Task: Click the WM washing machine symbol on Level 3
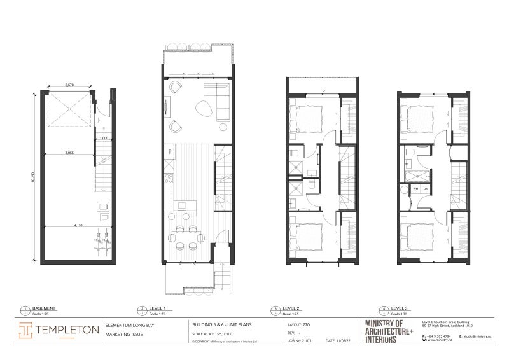pos(415,190)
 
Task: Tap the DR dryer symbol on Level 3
pos(425,190)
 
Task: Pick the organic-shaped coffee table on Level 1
pos(205,107)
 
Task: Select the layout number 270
pos(307,324)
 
